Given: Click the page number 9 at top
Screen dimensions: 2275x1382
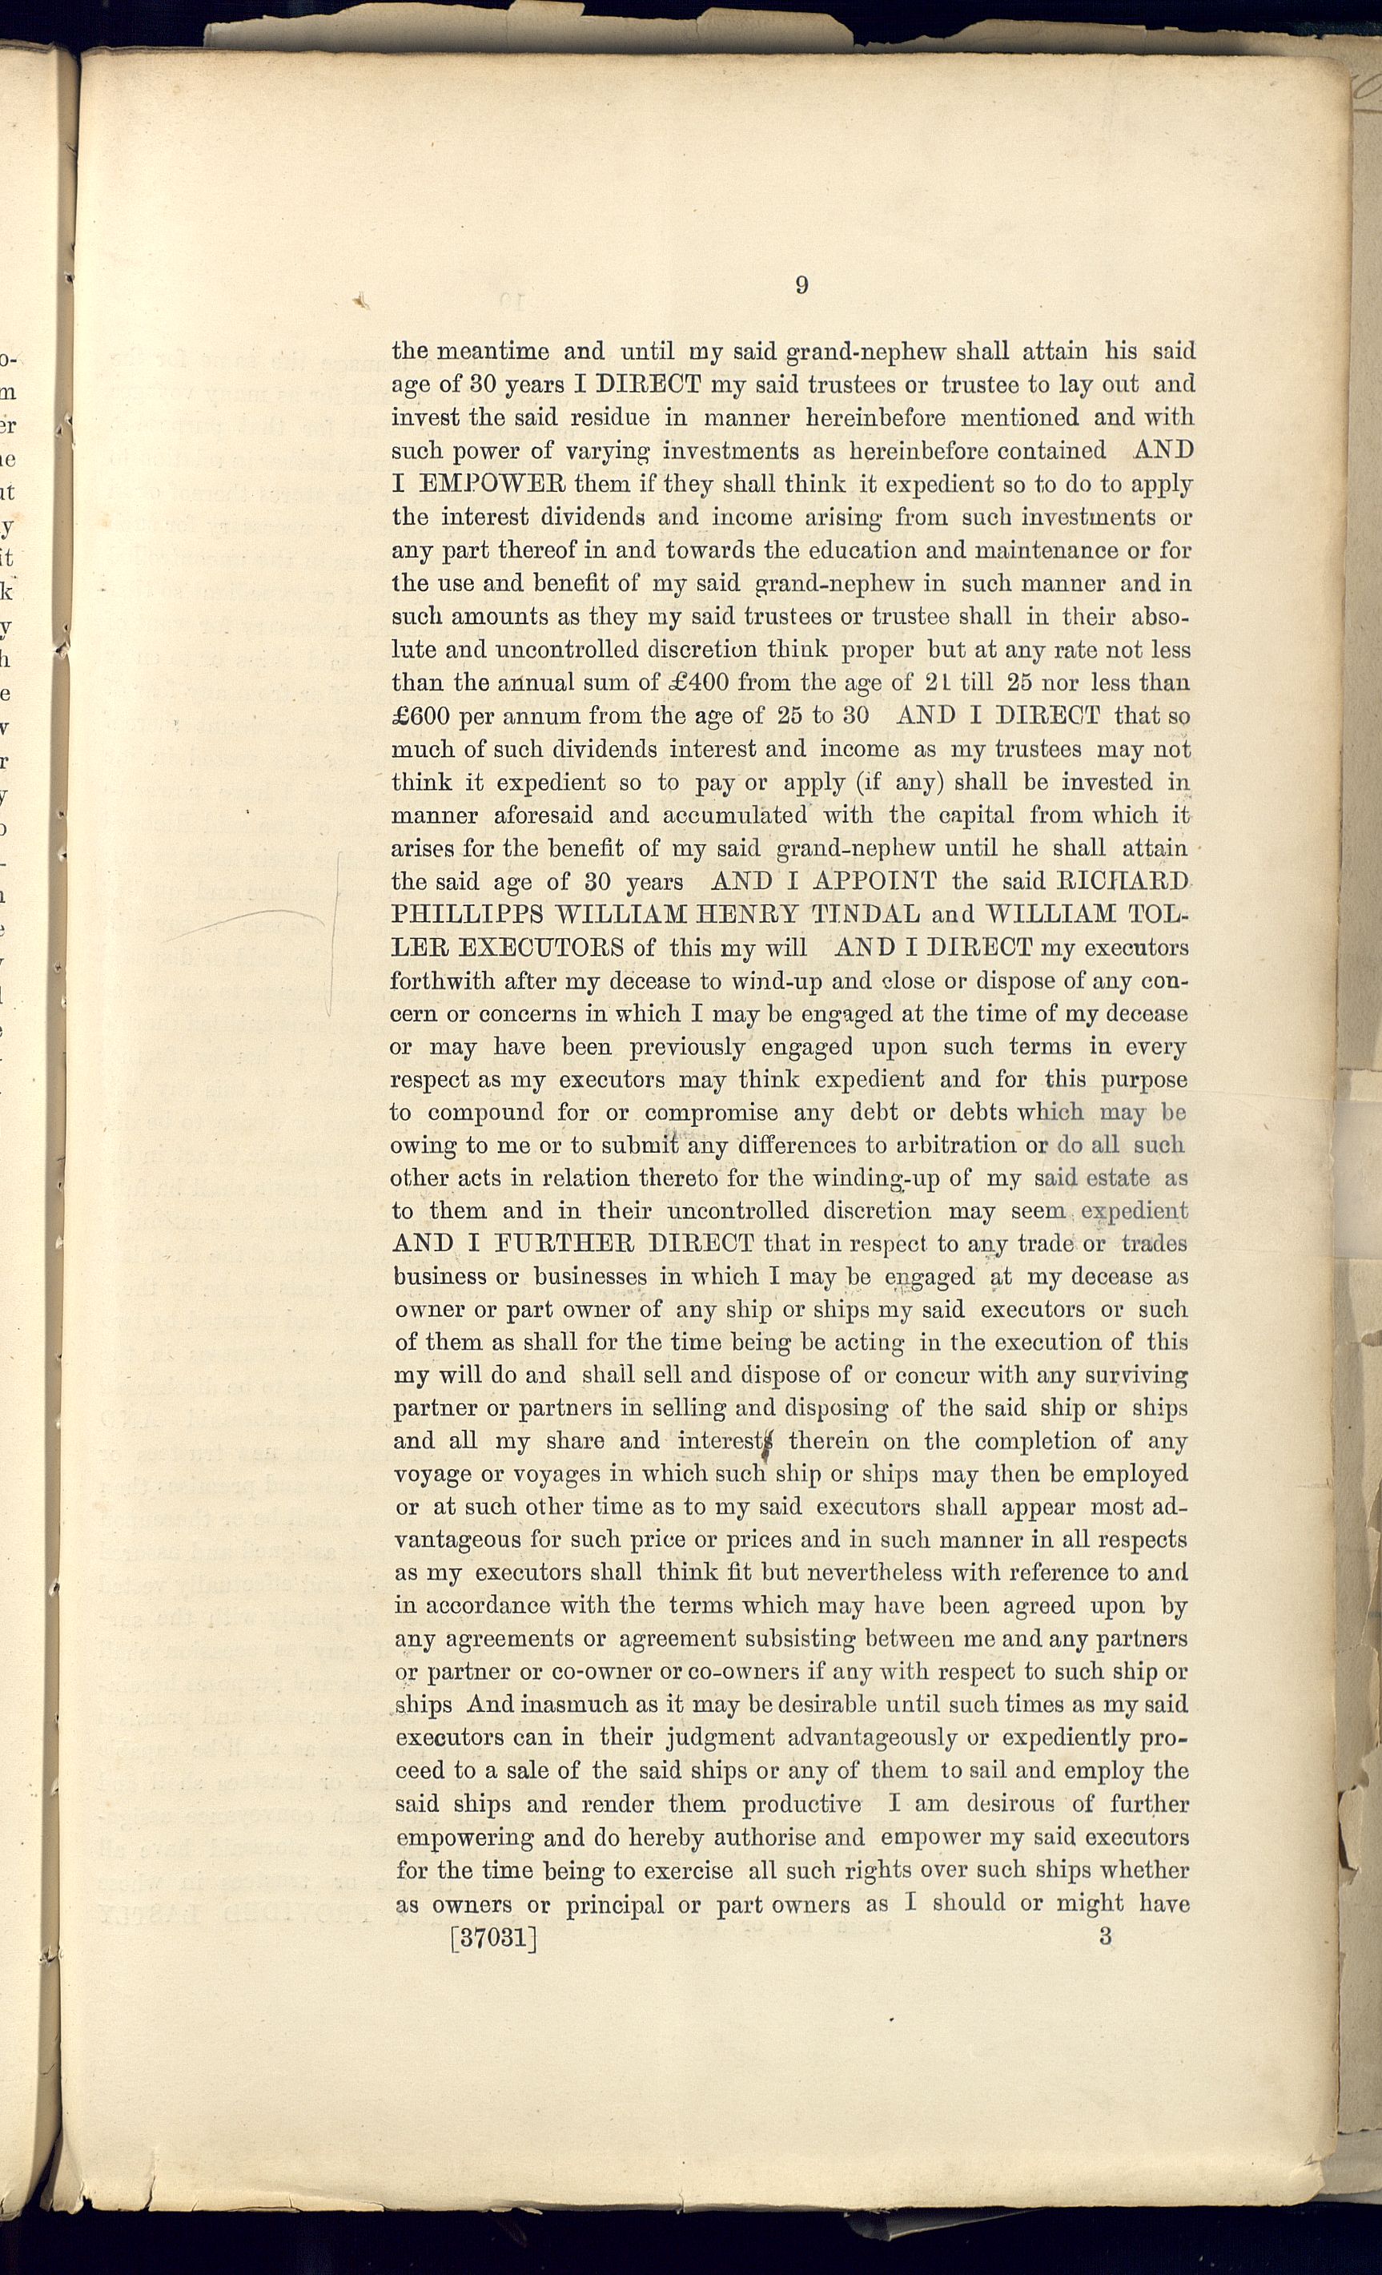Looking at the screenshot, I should click(801, 285).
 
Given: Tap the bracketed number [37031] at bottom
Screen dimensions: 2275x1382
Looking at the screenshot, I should click(493, 1937).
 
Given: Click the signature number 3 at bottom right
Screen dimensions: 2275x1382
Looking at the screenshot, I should click(1105, 1936).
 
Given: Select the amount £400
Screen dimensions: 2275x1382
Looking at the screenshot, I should click(696, 683).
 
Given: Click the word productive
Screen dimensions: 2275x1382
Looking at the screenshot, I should click(801, 1804).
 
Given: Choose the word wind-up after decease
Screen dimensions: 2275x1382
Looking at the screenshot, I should click(774, 980).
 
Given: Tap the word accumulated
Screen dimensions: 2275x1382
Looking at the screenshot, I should click(735, 815).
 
